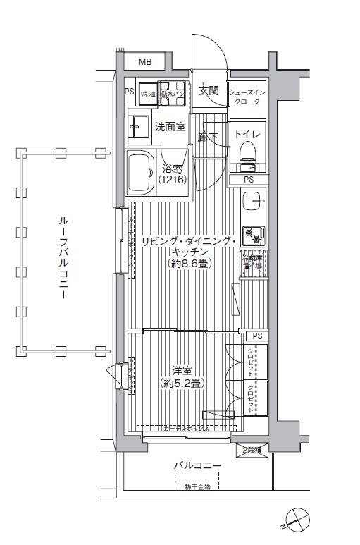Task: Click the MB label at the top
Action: pos(144,63)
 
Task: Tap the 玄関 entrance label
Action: pos(209,91)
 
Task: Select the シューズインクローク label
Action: pos(248,97)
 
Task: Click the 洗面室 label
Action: pos(170,127)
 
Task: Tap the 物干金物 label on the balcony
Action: pos(198,486)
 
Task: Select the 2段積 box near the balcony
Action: pos(252,449)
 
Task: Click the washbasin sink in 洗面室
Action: pos(136,128)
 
